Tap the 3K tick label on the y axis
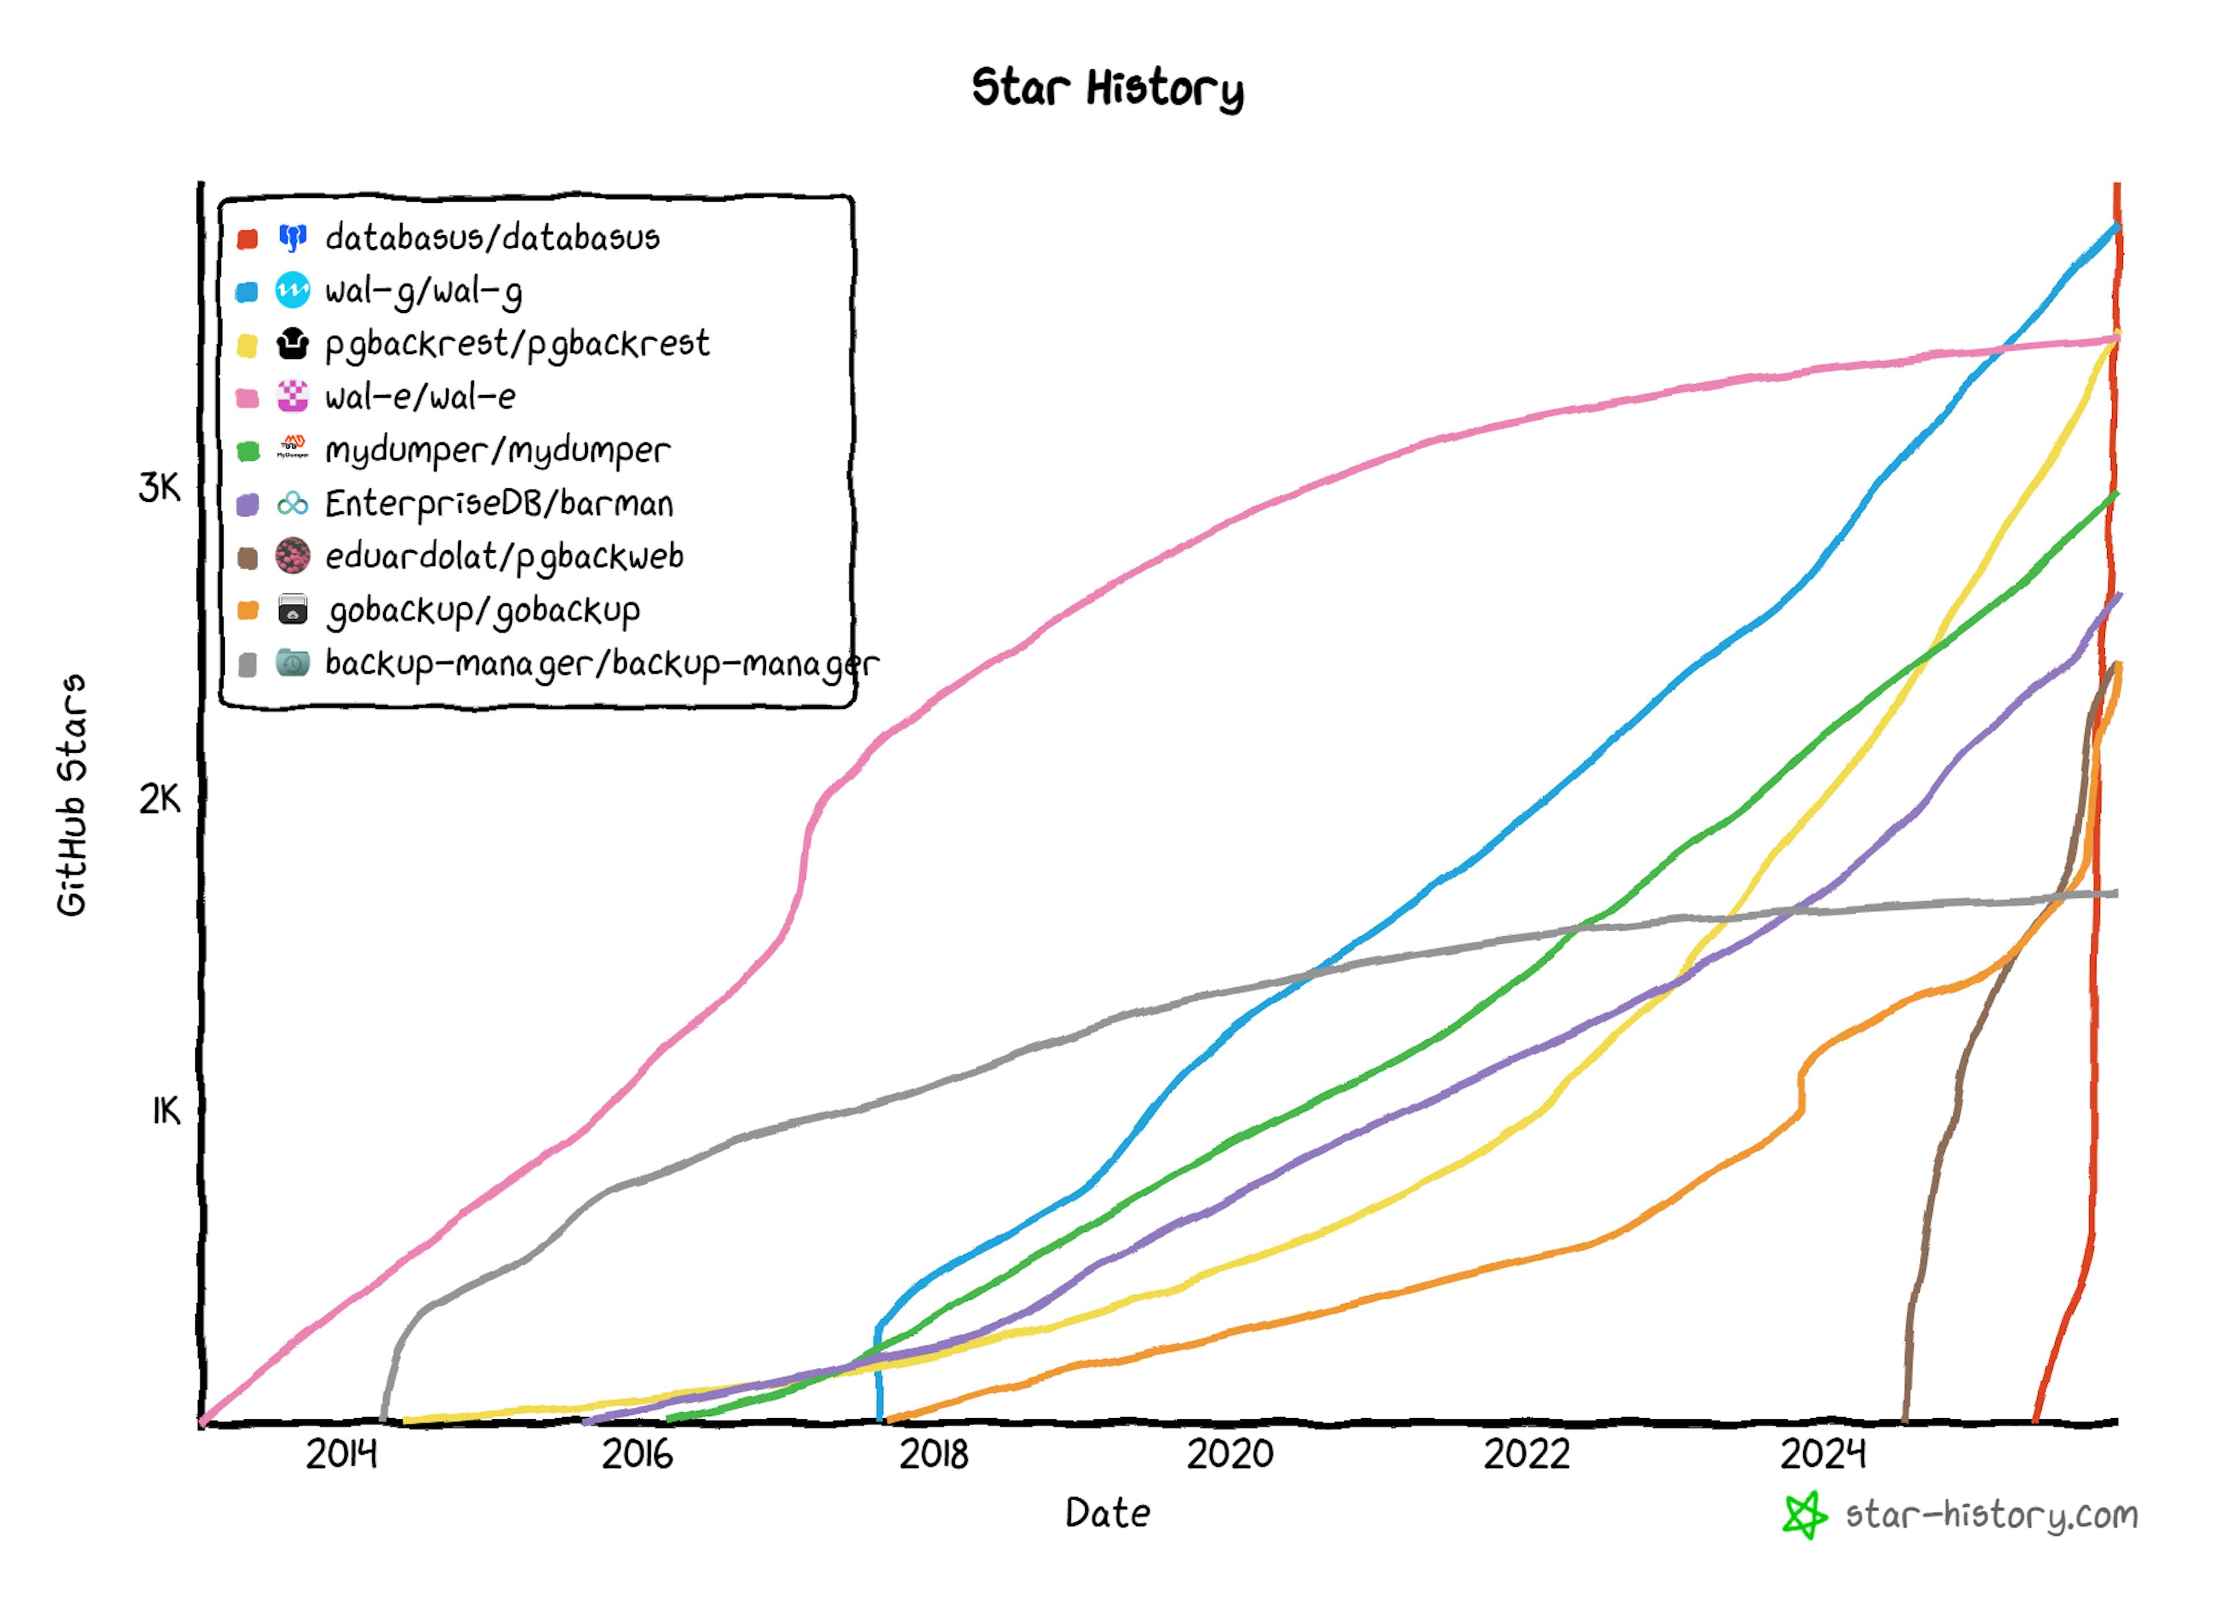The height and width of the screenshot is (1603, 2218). (159, 487)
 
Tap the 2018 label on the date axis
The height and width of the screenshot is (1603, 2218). (934, 1455)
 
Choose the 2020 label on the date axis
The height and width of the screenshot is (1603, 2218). (1230, 1455)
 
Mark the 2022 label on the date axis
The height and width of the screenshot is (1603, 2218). (1527, 1455)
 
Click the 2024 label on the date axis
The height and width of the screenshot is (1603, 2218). (1823, 1455)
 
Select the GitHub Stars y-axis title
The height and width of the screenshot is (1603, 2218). (72, 794)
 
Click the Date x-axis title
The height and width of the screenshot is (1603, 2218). (1107, 1513)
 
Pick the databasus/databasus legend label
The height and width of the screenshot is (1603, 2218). (492, 237)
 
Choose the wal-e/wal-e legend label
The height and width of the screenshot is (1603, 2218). (420, 397)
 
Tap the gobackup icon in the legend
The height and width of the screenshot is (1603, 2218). (292, 610)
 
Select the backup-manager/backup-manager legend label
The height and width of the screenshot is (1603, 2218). (601, 664)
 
